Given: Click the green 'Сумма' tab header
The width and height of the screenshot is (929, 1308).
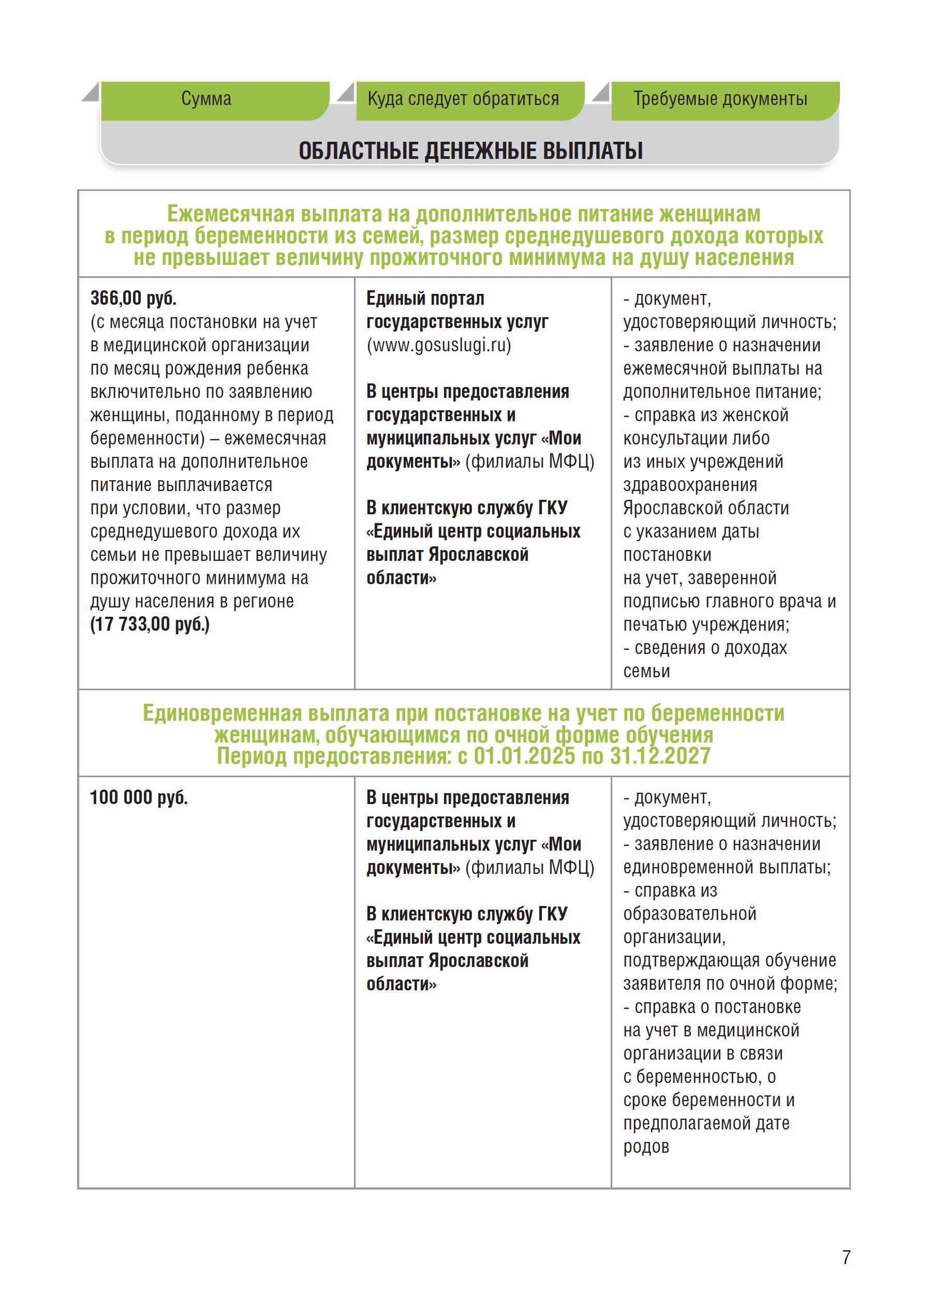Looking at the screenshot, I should click(207, 99).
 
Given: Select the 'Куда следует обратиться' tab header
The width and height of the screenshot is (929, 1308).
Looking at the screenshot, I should click(463, 99).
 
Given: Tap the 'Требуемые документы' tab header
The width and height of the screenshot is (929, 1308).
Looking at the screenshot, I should click(719, 99).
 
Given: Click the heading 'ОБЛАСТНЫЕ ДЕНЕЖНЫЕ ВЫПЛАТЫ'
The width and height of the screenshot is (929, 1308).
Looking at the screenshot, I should click(470, 151).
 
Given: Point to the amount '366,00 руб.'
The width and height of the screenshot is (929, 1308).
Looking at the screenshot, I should click(134, 298).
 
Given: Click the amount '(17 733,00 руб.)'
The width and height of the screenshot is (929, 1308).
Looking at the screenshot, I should click(150, 624).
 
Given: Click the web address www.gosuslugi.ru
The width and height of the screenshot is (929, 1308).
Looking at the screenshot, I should click(439, 346).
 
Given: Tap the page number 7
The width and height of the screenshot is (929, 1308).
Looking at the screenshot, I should click(846, 1257).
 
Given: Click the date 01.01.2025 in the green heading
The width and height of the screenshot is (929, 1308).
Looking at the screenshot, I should click(524, 756).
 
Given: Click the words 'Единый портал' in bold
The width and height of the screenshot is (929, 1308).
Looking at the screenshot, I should click(425, 298).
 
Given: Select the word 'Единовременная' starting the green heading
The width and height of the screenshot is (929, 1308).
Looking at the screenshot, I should click(222, 713).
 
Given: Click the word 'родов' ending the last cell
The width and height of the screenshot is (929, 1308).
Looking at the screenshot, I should click(646, 1147).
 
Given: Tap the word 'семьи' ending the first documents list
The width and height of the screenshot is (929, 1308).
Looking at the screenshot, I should click(646, 672).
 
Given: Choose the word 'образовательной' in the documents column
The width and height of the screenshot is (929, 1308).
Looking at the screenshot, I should click(690, 914).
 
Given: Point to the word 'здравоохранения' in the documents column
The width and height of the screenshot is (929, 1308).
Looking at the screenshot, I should click(690, 485).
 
